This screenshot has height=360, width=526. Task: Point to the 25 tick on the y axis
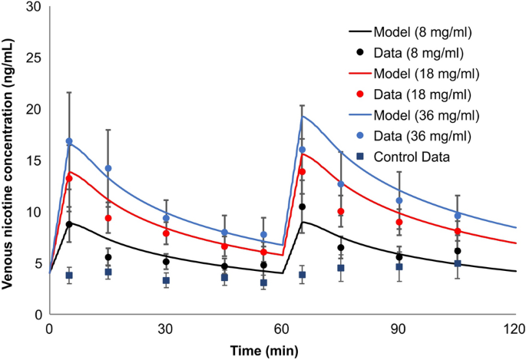(33, 58)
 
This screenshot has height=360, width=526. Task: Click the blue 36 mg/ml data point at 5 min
(69, 141)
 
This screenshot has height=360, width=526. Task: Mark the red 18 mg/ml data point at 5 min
(69, 179)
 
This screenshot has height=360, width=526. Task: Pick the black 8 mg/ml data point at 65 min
(303, 207)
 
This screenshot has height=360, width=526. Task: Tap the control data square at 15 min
(108, 272)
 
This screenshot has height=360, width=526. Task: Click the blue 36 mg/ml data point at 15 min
(108, 168)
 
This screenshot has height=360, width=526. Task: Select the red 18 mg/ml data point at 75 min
(341, 211)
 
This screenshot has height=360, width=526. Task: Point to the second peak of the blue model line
(303, 117)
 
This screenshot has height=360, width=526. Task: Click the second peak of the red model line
(303, 154)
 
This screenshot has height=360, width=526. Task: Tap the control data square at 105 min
(458, 263)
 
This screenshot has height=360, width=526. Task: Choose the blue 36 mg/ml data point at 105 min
(458, 216)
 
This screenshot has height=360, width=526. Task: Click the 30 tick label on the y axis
(33, 7)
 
